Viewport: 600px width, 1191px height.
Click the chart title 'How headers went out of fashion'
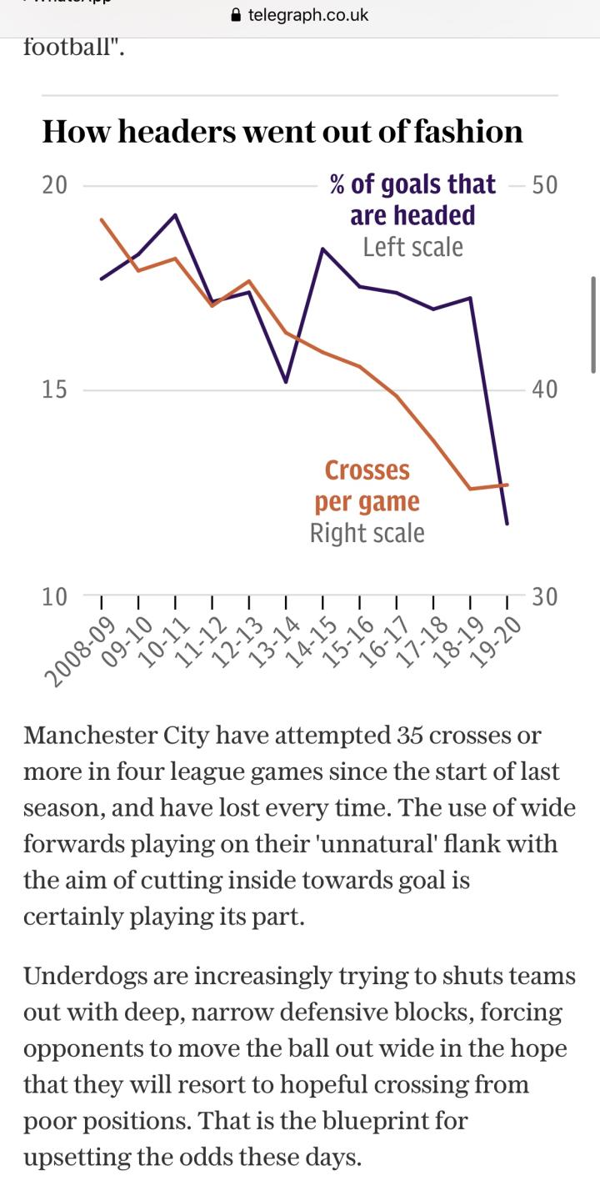click(282, 132)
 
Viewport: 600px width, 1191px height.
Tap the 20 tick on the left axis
click(54, 184)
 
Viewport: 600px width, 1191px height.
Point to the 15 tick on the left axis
click(54, 389)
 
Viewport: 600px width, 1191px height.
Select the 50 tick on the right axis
click(544, 184)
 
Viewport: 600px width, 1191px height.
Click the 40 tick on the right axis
click(544, 389)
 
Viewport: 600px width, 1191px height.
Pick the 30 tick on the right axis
click(544, 596)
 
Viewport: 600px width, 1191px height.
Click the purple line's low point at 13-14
click(286, 382)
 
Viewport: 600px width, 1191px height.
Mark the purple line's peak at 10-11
click(175, 214)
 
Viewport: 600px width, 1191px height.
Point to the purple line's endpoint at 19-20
click(507, 524)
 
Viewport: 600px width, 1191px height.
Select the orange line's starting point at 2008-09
click(101, 219)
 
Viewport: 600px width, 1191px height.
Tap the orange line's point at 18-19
click(471, 489)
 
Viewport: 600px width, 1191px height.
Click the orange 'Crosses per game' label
click(367, 486)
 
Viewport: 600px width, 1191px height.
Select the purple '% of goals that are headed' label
click(412, 199)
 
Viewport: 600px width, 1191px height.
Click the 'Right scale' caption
click(367, 533)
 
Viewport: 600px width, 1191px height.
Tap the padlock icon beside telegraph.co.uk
click(235, 15)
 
